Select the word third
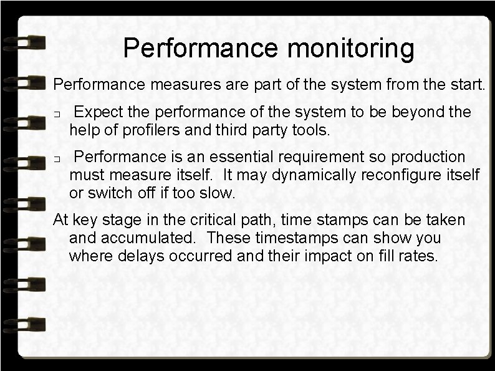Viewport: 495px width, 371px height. (231, 130)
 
